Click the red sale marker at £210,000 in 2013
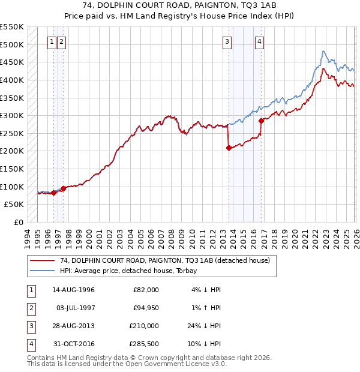[x=229, y=148]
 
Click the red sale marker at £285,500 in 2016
[x=261, y=121]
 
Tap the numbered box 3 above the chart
[x=227, y=41]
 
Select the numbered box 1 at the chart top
[x=52, y=41]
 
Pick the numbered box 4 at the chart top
[x=260, y=41]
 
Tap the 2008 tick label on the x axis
[x=172, y=238]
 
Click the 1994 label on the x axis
[x=27, y=238]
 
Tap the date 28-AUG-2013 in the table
[x=74, y=326]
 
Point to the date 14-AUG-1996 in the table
[x=74, y=290]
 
